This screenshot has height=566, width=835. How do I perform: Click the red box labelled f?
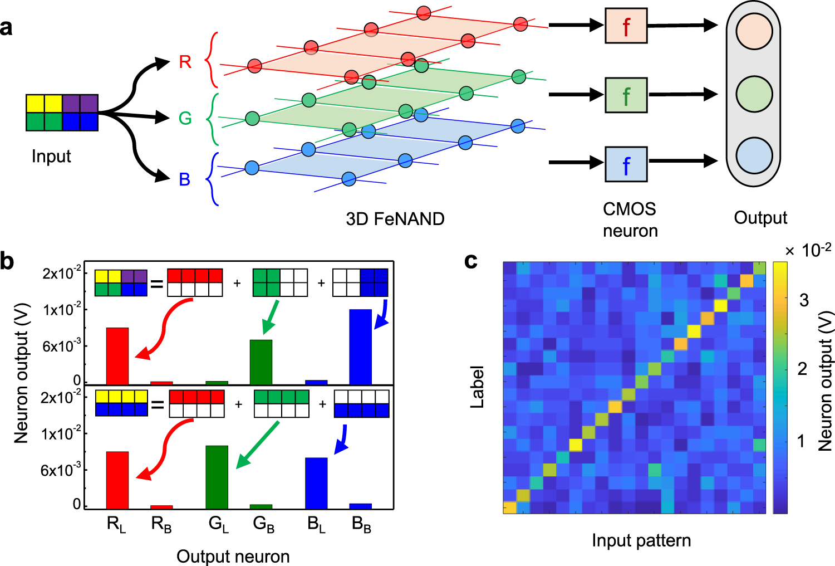(626, 26)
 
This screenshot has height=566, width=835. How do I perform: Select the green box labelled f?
(626, 95)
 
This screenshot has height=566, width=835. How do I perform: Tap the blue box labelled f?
(626, 164)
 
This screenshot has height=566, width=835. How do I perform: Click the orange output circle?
(754, 31)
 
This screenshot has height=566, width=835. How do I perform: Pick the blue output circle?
(754, 155)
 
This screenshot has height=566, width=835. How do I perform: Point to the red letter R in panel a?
(185, 62)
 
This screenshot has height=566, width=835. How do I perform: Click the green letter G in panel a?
(185, 118)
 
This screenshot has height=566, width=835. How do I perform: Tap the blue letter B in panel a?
(185, 179)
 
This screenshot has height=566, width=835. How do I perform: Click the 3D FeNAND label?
(395, 219)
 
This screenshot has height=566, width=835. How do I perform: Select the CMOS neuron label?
(630, 219)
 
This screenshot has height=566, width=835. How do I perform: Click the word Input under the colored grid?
(51, 157)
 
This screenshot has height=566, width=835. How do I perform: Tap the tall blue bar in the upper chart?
(360, 347)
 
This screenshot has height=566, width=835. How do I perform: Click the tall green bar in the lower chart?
(217, 477)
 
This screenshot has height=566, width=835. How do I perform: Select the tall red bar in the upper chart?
(117, 356)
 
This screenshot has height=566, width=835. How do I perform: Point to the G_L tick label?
(218, 524)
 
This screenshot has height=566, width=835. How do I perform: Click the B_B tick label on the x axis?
(362, 524)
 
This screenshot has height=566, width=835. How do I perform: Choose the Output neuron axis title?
(233, 556)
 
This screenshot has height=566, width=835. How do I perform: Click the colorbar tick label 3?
(804, 300)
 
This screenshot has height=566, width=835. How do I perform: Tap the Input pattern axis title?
(641, 540)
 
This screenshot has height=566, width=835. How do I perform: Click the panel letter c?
(471, 261)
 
